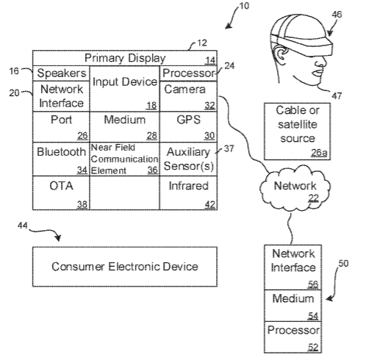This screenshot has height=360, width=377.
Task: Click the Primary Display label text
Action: (125, 58)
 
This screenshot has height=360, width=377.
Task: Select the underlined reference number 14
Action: (210, 60)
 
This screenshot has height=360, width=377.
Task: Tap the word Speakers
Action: (62, 73)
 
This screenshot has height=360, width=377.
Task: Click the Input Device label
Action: (125, 82)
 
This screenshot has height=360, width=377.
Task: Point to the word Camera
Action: (184, 90)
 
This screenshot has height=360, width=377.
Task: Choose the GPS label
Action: (188, 120)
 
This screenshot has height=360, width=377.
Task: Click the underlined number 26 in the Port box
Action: (82, 136)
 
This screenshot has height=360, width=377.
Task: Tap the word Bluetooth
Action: (61, 152)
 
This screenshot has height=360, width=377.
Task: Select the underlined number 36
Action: (152, 170)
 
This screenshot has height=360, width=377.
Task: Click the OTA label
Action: (61, 186)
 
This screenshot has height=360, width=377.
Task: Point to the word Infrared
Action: (188, 186)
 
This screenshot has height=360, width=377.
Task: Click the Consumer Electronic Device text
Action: (125, 267)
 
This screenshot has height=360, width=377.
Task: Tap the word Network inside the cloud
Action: (295, 186)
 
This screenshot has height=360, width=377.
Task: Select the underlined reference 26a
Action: (319, 153)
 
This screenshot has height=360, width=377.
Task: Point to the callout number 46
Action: (337, 15)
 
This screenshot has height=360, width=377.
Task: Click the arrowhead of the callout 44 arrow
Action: (58, 237)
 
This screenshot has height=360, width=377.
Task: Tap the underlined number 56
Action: (313, 284)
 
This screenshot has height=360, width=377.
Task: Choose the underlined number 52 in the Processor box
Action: (313, 348)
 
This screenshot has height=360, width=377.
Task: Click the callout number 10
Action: (244, 6)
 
